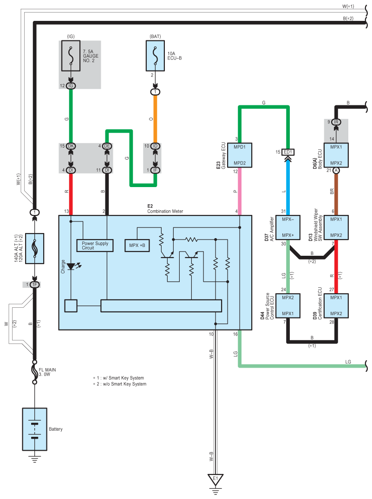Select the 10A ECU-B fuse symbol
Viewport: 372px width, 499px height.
(x=155, y=55)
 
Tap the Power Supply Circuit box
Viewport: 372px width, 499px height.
(x=94, y=245)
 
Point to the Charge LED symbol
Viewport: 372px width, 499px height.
(x=71, y=267)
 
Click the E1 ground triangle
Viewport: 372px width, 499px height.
(x=215, y=479)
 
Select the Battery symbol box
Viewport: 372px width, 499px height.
(x=34, y=429)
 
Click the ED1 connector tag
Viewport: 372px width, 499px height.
(x=288, y=152)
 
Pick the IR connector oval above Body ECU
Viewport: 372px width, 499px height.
(x=337, y=122)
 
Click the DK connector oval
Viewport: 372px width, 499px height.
(x=71, y=146)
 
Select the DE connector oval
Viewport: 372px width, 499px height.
(x=107, y=146)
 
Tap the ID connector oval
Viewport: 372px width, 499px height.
(x=155, y=146)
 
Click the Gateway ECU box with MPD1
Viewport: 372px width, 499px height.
(x=240, y=155)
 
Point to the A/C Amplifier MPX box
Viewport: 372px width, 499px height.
(x=288, y=227)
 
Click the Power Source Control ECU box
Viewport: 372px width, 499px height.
(x=288, y=305)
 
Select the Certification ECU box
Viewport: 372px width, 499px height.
(x=337, y=305)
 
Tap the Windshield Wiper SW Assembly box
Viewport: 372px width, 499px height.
(x=337, y=227)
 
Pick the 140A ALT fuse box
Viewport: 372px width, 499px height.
(x=34, y=248)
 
